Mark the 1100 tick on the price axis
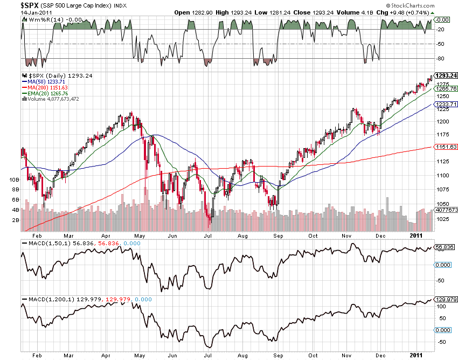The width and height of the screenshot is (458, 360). [443, 175]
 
